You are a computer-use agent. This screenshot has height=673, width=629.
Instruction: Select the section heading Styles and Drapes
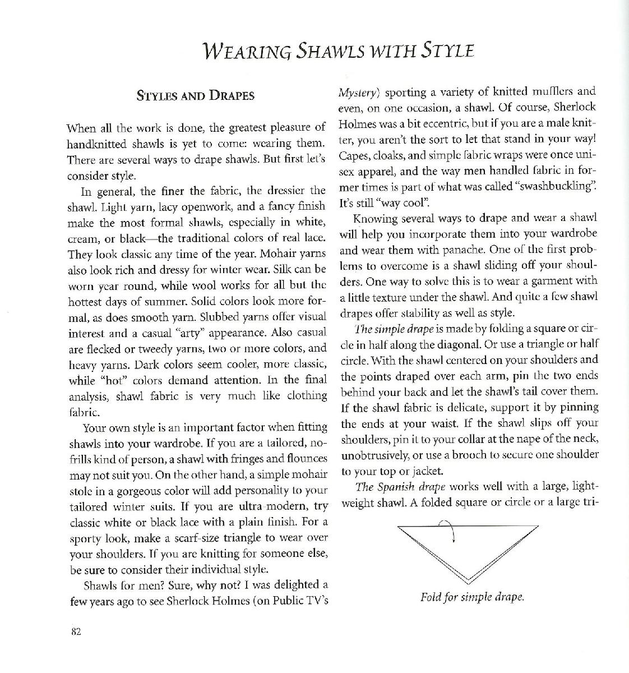[196, 95]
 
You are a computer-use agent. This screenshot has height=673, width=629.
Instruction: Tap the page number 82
[77, 632]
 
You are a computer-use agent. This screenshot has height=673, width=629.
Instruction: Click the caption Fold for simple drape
[472, 597]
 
